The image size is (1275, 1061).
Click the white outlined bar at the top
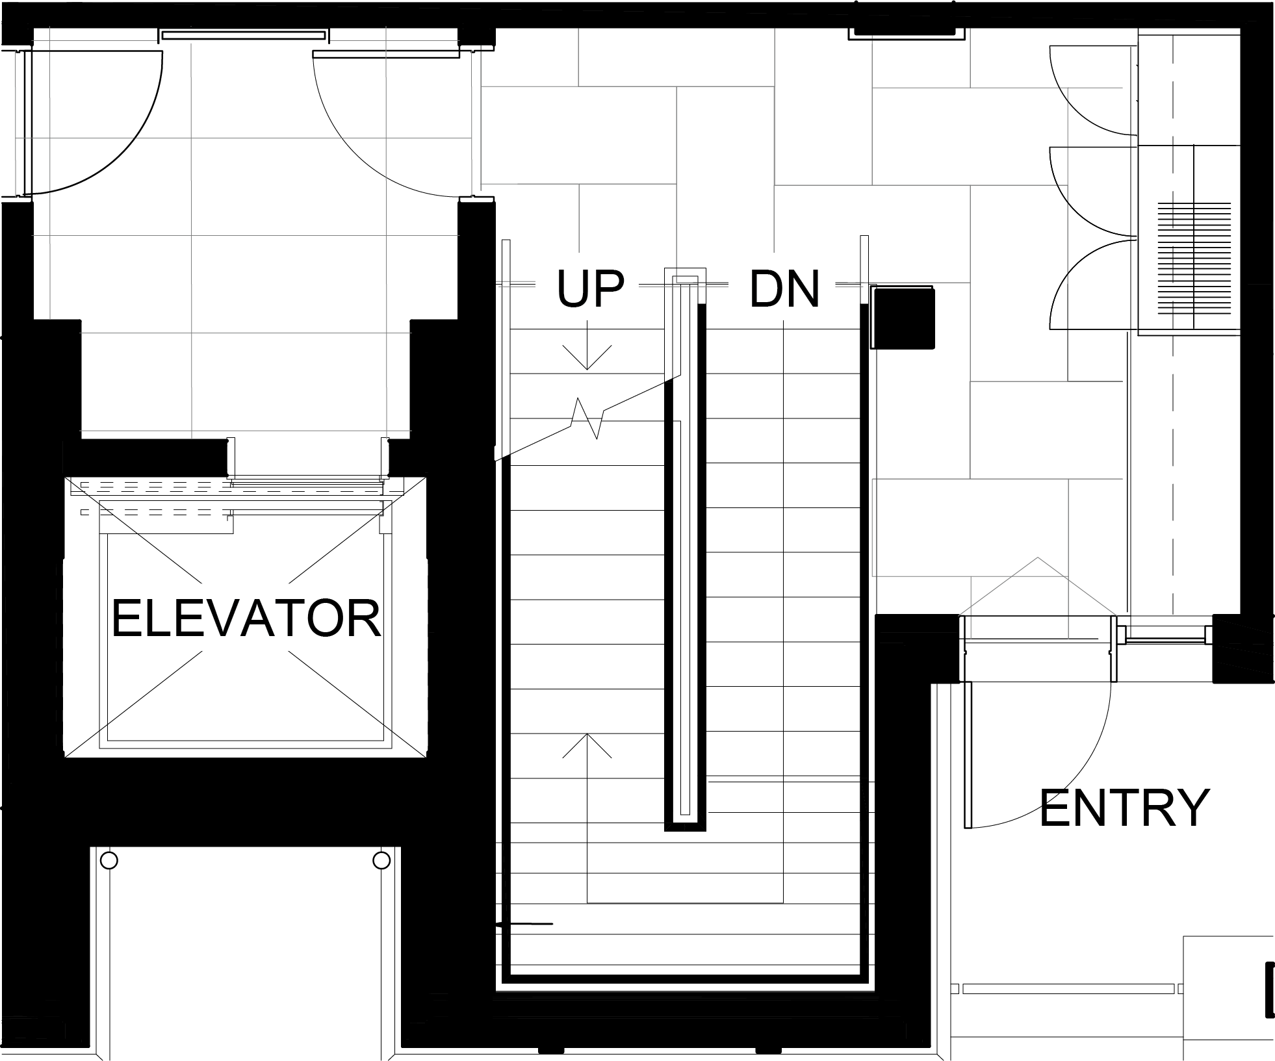click(243, 36)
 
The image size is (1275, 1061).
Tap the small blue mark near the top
click(486, 47)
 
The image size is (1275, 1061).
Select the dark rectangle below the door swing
click(92, 214)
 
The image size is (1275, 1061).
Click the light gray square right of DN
click(847, 304)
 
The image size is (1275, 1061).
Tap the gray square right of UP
click(651, 304)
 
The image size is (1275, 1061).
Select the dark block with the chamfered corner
click(968, 526)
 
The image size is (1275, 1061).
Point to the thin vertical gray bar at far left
click(19, 140)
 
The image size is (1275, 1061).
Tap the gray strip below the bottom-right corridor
click(1040, 628)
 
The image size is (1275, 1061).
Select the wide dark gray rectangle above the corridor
click(676, 57)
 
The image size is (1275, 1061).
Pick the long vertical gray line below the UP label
click(500, 370)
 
